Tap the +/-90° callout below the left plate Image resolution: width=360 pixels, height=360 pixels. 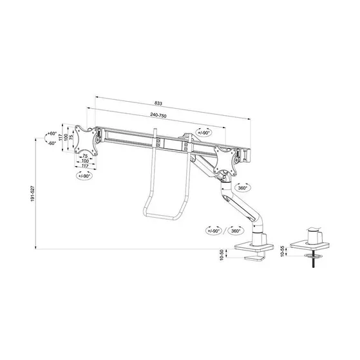[84, 175]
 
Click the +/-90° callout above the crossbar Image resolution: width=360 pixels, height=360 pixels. [204, 132]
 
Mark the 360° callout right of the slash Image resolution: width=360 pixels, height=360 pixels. [236, 230]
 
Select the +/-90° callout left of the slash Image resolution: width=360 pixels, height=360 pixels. [213, 230]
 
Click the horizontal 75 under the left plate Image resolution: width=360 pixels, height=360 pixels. [86, 156]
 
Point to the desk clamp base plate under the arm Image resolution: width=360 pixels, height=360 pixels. [256, 247]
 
